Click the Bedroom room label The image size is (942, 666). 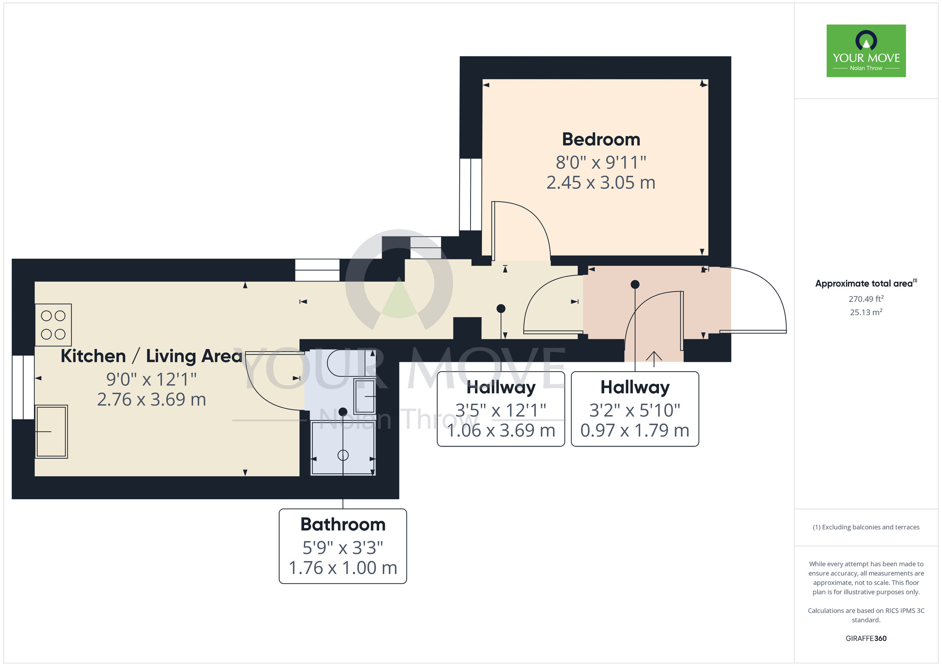pyautogui.click(x=601, y=139)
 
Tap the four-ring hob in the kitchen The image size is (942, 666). pyautogui.click(x=53, y=325)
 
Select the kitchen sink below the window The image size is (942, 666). pyautogui.click(x=51, y=431)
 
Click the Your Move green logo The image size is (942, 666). pyautogui.click(x=866, y=51)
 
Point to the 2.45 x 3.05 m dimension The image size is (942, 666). pyautogui.click(x=601, y=183)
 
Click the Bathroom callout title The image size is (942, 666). pyautogui.click(x=343, y=524)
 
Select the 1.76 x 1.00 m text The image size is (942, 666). pyautogui.click(x=343, y=568)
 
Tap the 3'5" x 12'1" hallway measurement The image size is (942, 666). pyautogui.click(x=501, y=410)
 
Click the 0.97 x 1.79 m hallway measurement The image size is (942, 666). pyautogui.click(x=634, y=430)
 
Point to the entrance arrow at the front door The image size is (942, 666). pyautogui.click(x=654, y=358)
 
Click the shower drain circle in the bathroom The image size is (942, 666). pyautogui.click(x=343, y=455)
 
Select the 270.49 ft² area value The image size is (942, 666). pyautogui.click(x=866, y=299)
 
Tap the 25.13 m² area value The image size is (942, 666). pyautogui.click(x=866, y=312)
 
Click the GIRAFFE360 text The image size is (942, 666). pyautogui.click(x=866, y=639)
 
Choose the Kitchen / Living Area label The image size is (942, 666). pyautogui.click(x=151, y=356)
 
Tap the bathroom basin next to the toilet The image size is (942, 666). pyautogui.click(x=365, y=397)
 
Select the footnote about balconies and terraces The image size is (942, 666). pyautogui.click(x=866, y=527)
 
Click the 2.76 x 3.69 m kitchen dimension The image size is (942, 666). pyautogui.click(x=151, y=400)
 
